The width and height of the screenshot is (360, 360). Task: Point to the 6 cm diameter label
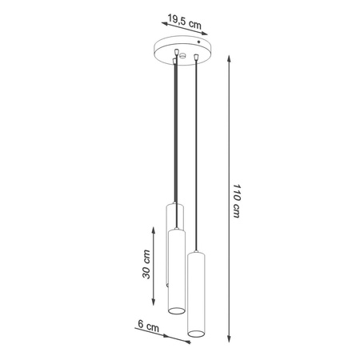[x=147, y=326]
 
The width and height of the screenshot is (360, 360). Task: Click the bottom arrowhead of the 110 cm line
[x=229, y=338]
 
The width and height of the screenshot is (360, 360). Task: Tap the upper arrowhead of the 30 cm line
[x=155, y=228]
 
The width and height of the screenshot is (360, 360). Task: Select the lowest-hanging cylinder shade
[x=197, y=292]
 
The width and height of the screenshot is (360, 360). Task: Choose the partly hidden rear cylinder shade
[x=174, y=216]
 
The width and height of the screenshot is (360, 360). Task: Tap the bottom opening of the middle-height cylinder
[x=177, y=309]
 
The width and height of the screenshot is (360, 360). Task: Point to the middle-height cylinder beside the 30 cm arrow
[x=177, y=268]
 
